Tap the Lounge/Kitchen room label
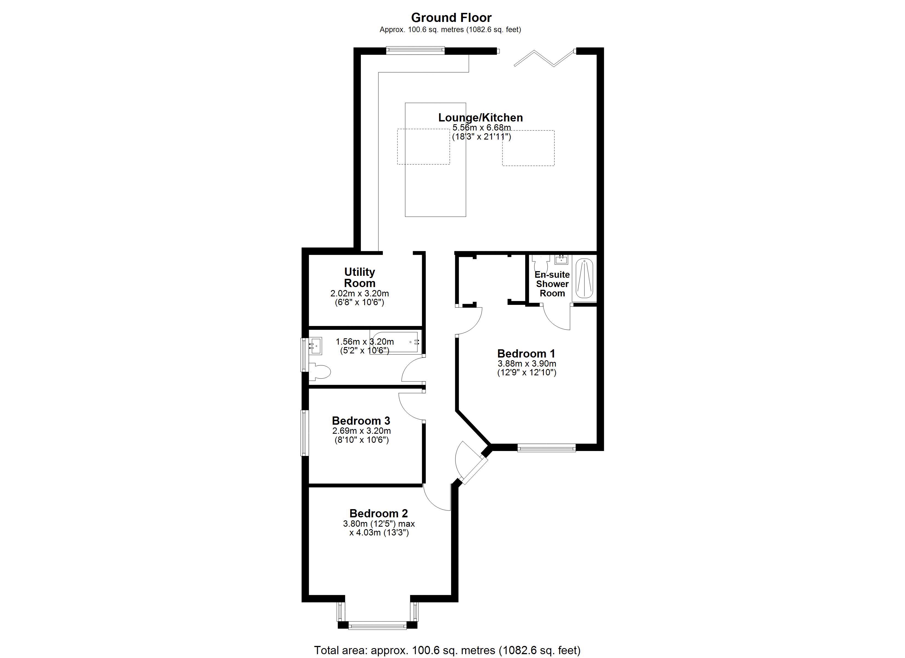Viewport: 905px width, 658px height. [x=480, y=117]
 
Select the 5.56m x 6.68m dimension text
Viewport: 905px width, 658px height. [x=481, y=128]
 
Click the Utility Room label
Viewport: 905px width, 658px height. [x=360, y=277]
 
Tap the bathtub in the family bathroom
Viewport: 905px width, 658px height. [x=395, y=342]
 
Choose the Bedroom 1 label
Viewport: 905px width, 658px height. [x=526, y=354]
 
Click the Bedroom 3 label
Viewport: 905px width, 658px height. [x=361, y=421]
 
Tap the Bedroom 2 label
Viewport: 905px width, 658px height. [x=379, y=513]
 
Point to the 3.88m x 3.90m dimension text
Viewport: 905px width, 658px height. [x=527, y=364]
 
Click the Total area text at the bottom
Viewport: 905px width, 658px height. [x=447, y=650]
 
